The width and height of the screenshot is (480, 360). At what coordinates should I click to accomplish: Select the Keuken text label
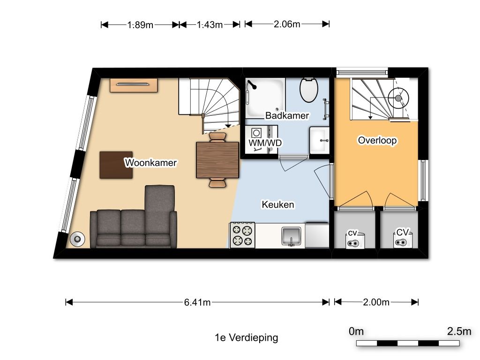[x=278, y=204]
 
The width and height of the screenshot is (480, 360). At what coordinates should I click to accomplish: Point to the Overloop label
[x=377, y=140]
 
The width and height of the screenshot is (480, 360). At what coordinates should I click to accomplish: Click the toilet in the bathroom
[x=308, y=90]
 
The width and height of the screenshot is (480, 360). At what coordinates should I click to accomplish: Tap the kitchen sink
[x=291, y=236]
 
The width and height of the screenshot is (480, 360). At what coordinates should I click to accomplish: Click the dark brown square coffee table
[x=116, y=165]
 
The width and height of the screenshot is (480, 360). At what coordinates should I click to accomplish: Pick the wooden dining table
[x=217, y=160]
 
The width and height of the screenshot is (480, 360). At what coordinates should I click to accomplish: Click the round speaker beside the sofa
[x=76, y=239]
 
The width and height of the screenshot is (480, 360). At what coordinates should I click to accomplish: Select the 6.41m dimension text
[x=197, y=302]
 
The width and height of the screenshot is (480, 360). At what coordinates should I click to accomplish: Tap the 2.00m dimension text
[x=376, y=302]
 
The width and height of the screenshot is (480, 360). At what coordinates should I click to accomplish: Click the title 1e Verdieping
[x=246, y=337]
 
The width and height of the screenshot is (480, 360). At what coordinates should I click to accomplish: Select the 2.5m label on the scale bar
[x=459, y=331]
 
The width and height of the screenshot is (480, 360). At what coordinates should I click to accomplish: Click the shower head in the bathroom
[x=251, y=85]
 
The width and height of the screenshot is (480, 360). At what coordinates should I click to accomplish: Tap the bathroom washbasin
[x=320, y=139]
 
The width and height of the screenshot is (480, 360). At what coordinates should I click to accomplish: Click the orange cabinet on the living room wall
[x=134, y=85]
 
